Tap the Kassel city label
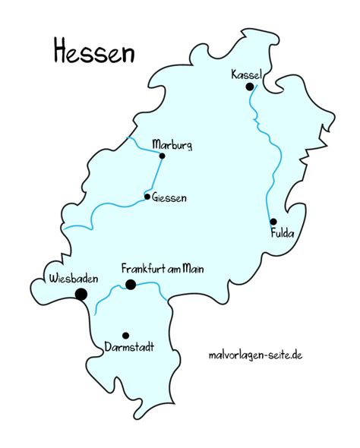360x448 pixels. point(247,74)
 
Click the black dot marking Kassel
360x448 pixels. point(249,87)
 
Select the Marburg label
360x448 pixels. point(172,144)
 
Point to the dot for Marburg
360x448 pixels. point(162,156)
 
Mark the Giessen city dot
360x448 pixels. point(147,197)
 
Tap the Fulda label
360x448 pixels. point(281,234)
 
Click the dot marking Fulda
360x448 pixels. point(273,222)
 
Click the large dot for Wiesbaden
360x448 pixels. point(81,295)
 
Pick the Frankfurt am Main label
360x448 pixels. point(163,269)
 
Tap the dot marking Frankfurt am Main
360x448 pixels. point(131,285)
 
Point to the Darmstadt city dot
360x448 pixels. point(125,336)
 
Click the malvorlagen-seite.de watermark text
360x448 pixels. point(255,355)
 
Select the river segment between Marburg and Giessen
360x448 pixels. point(156,176)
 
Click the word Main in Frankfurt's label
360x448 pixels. point(191,269)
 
